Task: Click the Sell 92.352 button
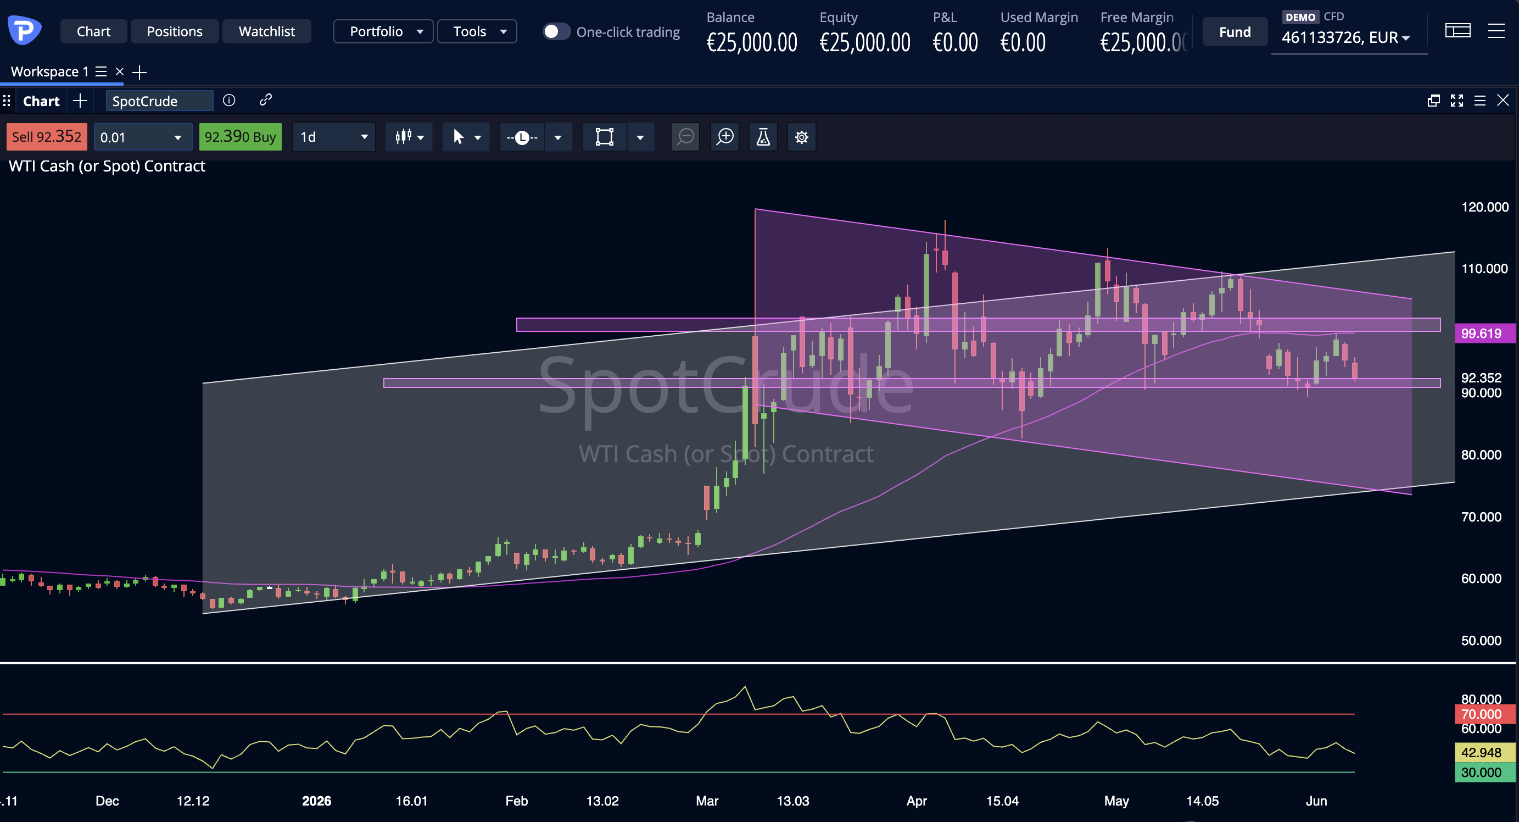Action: pyautogui.click(x=47, y=137)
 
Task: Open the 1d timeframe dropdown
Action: pyautogui.click(x=334, y=137)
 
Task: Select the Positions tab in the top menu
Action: pyautogui.click(x=175, y=31)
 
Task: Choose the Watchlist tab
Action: pyautogui.click(x=266, y=31)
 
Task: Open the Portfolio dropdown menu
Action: pyautogui.click(x=383, y=31)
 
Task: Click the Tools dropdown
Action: pyautogui.click(x=477, y=31)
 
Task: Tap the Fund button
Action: pyautogui.click(x=1235, y=32)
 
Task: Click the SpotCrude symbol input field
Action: pyautogui.click(x=159, y=101)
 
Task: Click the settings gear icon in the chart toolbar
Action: pyautogui.click(x=801, y=137)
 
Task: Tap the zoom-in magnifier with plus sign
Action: pyautogui.click(x=725, y=137)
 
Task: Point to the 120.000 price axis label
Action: pyautogui.click(x=1485, y=207)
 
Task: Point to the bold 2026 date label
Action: pyautogui.click(x=317, y=801)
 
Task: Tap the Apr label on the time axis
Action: pyautogui.click(x=917, y=801)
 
